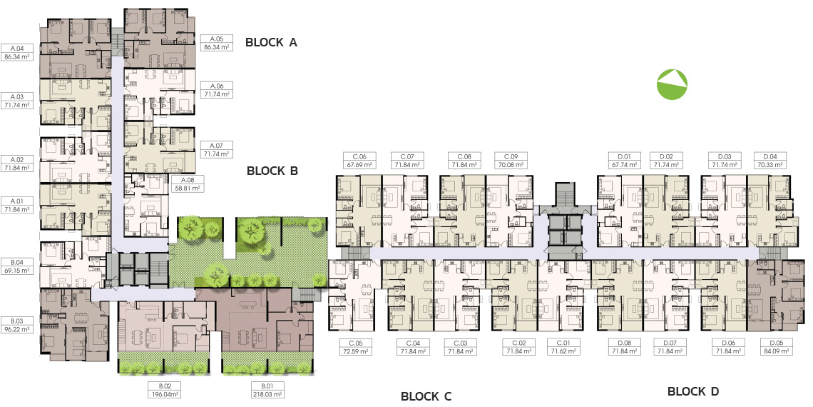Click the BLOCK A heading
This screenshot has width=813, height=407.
point(271,43)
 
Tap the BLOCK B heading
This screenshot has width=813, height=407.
point(272,170)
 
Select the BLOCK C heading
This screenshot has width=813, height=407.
point(426,396)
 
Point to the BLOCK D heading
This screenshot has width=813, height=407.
point(693,391)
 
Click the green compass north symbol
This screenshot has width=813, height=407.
point(672,84)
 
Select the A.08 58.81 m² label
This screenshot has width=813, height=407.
point(186,184)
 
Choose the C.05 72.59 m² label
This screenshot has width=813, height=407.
point(355,347)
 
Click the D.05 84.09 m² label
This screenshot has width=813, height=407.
point(776,347)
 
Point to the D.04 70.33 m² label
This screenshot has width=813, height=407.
point(770,161)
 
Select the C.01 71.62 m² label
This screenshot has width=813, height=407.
point(563,347)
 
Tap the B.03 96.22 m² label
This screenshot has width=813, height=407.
point(16,325)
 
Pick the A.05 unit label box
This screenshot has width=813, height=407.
point(216,43)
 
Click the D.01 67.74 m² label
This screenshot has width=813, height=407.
point(624,161)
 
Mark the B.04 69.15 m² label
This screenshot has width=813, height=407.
point(16,266)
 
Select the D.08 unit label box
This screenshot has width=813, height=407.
point(624,347)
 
